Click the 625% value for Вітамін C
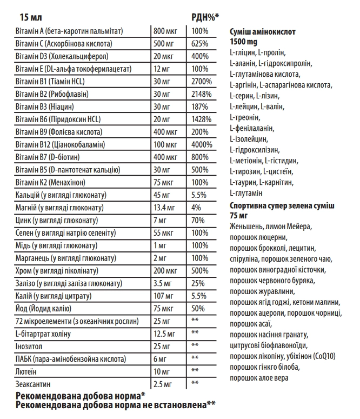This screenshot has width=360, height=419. [x=200, y=44]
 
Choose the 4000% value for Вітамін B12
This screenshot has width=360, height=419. [x=202, y=144]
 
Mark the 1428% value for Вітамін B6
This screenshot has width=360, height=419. [x=202, y=119]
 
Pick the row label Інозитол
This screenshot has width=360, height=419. [x=29, y=345]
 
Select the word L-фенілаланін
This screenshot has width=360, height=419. [x=252, y=128]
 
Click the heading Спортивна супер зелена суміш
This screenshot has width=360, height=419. [x=282, y=206]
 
